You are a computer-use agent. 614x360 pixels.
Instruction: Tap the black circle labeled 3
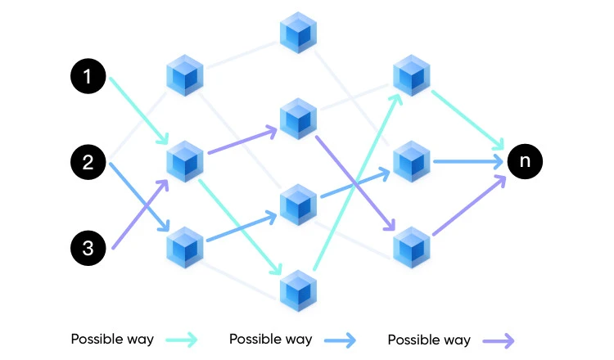pyautogui.click(x=88, y=247)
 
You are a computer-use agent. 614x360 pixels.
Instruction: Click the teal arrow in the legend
pyautogui.click(x=180, y=340)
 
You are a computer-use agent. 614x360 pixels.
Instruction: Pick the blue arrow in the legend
pyautogui.click(x=338, y=340)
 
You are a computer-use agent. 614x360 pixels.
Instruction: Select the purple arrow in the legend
pyautogui.click(x=496, y=340)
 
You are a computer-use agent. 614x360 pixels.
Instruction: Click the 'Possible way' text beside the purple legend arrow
pyautogui.click(x=428, y=340)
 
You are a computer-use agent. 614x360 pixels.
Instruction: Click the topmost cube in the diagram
pyautogui.click(x=297, y=34)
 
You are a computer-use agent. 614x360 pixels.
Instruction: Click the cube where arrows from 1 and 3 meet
pyautogui.click(x=185, y=161)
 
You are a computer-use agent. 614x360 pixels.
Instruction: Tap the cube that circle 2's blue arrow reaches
pyautogui.click(x=185, y=247)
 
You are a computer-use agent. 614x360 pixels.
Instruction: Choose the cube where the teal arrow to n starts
pyautogui.click(x=410, y=76)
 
